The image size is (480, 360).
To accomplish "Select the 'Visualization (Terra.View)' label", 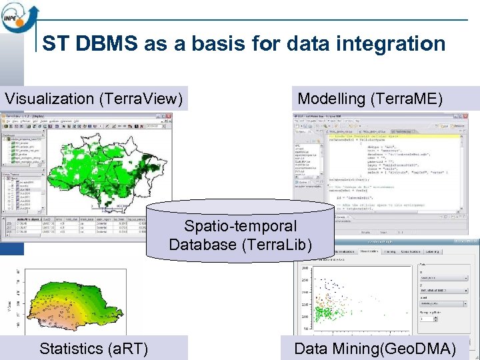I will [94, 99].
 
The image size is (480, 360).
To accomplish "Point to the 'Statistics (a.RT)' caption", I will [94, 348].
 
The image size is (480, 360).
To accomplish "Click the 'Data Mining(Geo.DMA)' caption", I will [375, 348].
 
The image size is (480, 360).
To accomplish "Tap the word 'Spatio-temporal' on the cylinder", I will [240, 227].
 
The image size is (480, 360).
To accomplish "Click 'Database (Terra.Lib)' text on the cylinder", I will [240, 245].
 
